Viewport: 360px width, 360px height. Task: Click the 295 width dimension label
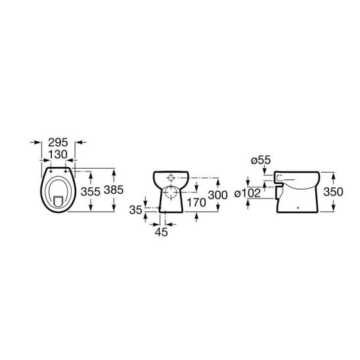[58, 143]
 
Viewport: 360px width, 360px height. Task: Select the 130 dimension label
[58, 154]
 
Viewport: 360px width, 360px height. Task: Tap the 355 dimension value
[91, 191]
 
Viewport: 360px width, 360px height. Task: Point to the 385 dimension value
[114, 190]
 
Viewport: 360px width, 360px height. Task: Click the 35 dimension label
[136, 210]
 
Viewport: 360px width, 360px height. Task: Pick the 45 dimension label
[162, 232]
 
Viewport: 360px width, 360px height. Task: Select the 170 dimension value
[196, 202]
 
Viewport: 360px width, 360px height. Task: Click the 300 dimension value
[217, 195]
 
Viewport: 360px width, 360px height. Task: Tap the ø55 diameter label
[261, 160]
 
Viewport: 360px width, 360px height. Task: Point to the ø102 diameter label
[248, 193]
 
